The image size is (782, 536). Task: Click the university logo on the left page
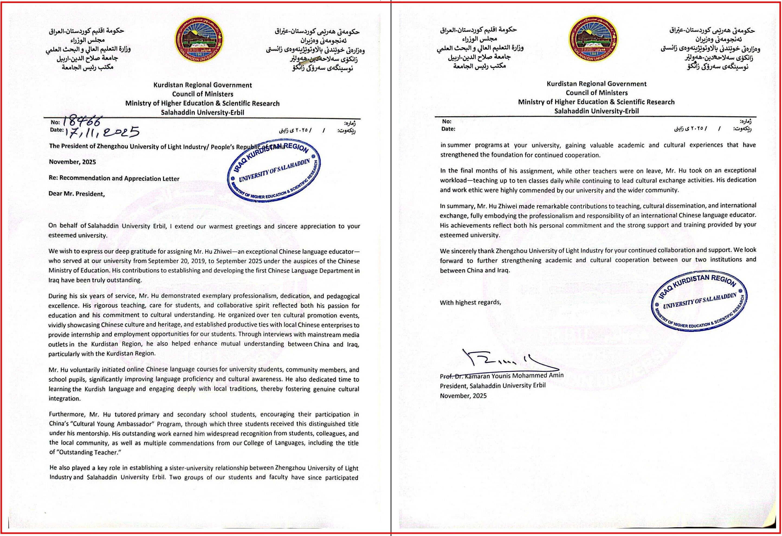click(x=201, y=39)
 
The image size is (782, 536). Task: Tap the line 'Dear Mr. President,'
click(x=77, y=194)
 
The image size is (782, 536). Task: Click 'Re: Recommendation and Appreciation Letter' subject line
click(x=114, y=178)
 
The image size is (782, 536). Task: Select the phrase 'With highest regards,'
click(x=470, y=302)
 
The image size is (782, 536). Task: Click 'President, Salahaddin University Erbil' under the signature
click(x=493, y=386)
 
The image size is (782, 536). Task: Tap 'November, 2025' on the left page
click(x=72, y=162)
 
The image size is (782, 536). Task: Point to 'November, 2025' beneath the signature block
click(x=463, y=396)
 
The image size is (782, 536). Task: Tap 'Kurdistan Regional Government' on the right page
click(x=596, y=84)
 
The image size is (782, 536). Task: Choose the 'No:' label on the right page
click(x=447, y=121)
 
